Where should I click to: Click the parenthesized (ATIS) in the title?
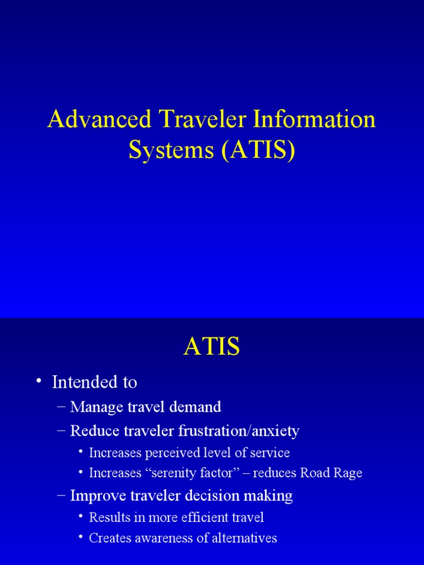point(258,150)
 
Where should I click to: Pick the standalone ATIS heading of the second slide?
point(212,347)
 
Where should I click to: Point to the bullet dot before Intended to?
point(38,382)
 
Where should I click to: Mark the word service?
point(270,453)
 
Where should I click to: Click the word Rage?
point(347,473)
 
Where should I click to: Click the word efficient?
point(198,518)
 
